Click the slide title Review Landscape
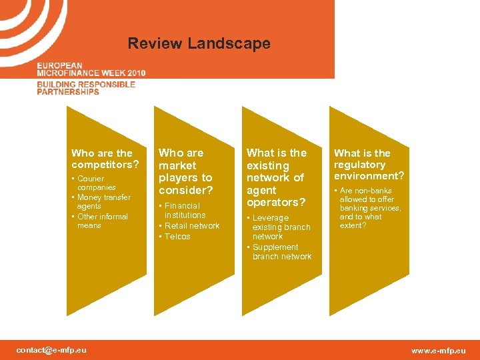(x=199, y=44)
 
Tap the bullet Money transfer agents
(x=104, y=202)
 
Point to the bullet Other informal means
(x=101, y=221)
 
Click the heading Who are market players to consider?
(x=185, y=171)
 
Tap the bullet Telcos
(x=177, y=237)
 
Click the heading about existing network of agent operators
(x=276, y=177)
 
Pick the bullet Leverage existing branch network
(x=279, y=227)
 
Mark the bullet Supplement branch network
(x=281, y=252)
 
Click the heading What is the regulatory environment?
(x=369, y=165)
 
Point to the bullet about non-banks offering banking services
(x=369, y=208)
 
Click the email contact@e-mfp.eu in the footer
(x=51, y=350)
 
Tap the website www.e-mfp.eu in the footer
(x=438, y=351)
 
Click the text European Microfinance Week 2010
(x=91, y=69)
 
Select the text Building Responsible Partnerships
(x=85, y=88)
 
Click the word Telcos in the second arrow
(x=178, y=237)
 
